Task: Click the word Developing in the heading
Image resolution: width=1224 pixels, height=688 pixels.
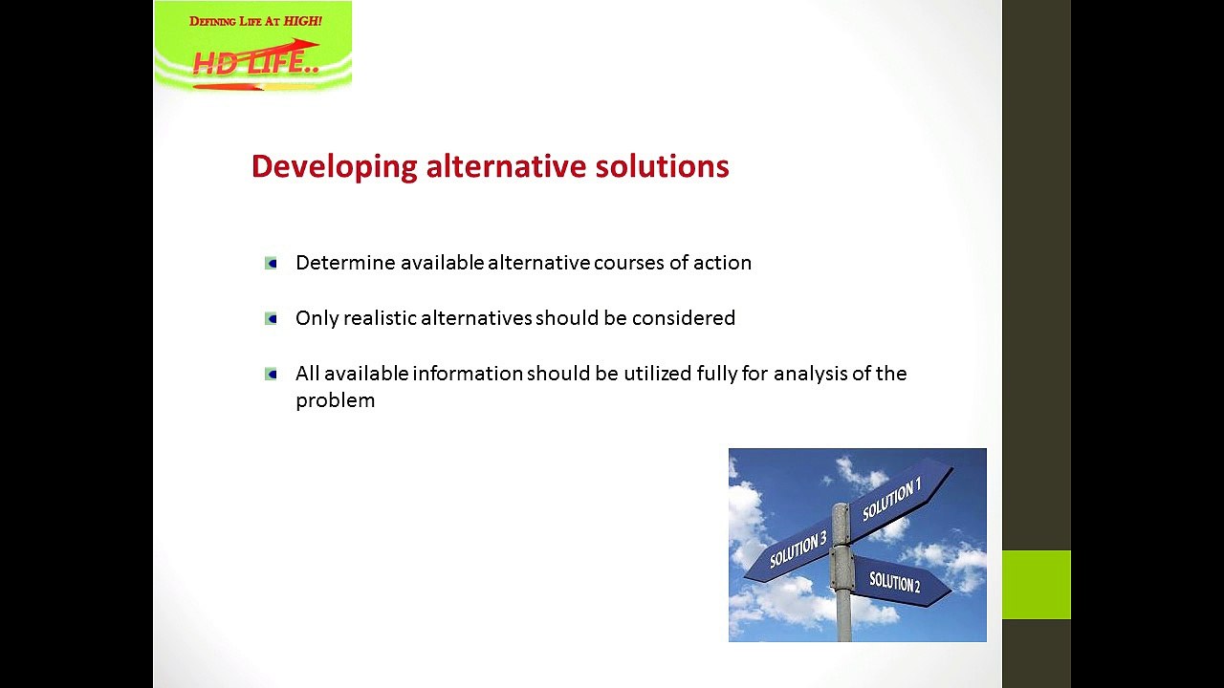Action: (x=334, y=167)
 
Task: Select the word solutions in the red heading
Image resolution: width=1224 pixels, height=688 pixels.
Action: (x=662, y=166)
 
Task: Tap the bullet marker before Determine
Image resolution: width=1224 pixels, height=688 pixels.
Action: (x=272, y=263)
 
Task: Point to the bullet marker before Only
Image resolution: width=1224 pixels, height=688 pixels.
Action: (x=272, y=318)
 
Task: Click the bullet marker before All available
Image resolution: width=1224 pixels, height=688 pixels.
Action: (x=272, y=374)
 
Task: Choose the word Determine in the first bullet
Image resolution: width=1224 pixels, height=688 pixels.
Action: (x=345, y=263)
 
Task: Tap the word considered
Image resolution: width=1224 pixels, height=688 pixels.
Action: (x=684, y=318)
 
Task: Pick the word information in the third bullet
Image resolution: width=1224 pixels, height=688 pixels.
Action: (x=468, y=374)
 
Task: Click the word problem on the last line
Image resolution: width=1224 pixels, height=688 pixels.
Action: (x=335, y=400)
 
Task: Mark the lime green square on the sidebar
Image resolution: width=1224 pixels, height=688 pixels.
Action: (x=1036, y=585)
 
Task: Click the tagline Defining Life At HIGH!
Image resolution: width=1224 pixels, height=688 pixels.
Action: (x=255, y=21)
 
